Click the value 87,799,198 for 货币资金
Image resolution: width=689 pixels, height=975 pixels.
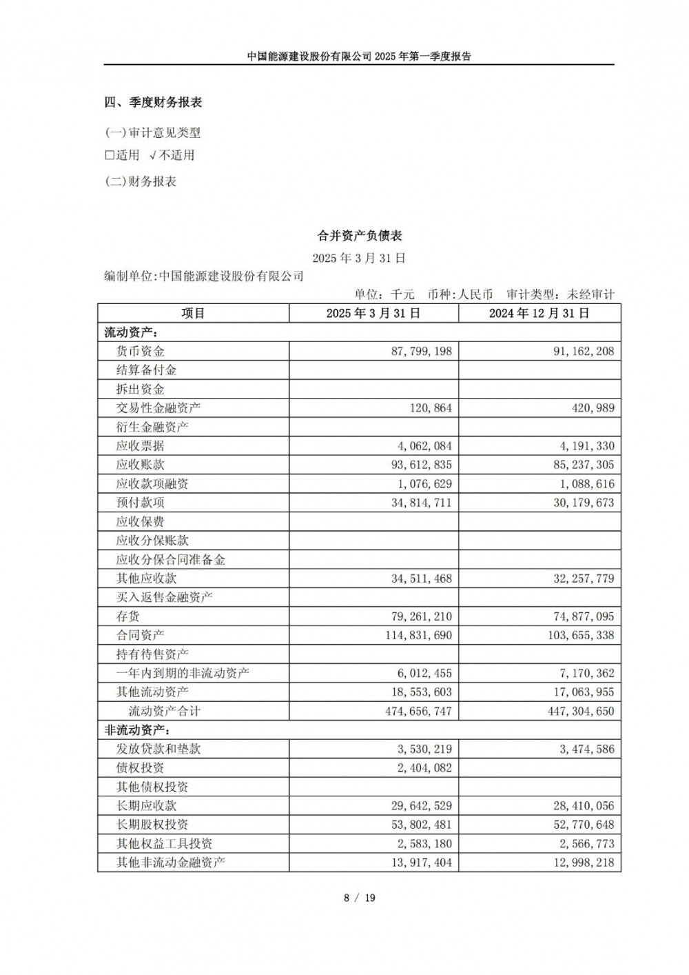pyautogui.click(x=421, y=351)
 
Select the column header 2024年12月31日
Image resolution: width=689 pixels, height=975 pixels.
pyautogui.click(x=539, y=313)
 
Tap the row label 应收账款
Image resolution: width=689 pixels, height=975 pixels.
pyautogui.click(x=141, y=465)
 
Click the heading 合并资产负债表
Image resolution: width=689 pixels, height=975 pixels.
pyautogui.click(x=359, y=236)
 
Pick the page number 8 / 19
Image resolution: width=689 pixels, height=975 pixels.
pyautogui.click(x=359, y=898)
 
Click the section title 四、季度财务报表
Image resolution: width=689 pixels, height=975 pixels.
pyautogui.click(x=153, y=103)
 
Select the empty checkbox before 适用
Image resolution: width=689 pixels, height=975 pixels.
pyautogui.click(x=109, y=155)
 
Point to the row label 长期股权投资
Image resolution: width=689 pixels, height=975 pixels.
pyautogui.click(x=152, y=825)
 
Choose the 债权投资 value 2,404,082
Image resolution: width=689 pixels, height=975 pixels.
pyautogui.click(x=424, y=768)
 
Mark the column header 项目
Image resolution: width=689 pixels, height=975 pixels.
pyautogui.click(x=193, y=313)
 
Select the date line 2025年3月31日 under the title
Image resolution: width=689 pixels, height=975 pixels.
pyautogui.click(x=359, y=259)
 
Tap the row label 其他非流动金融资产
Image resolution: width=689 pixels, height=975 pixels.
pyautogui.click(x=170, y=863)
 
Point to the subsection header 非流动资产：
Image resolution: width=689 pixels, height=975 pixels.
pyautogui.click(x=137, y=730)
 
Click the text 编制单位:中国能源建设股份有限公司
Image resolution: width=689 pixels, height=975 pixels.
pyautogui.click(x=204, y=277)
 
